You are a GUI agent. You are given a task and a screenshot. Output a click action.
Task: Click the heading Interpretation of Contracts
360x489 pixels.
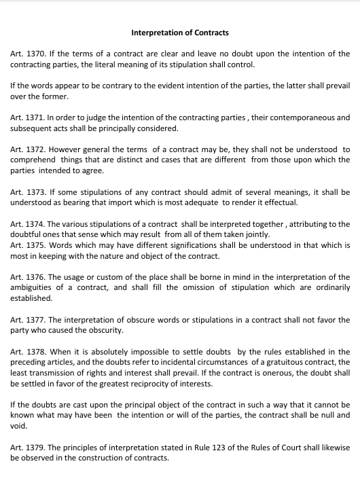click(x=180, y=32)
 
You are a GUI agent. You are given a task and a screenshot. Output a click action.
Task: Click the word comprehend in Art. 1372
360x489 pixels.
click(x=33, y=160)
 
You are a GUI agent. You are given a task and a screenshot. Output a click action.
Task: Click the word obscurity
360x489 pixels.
click(x=105, y=330)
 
